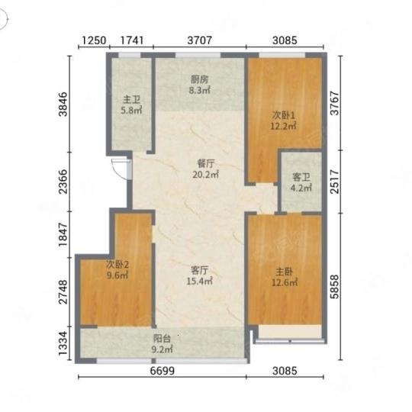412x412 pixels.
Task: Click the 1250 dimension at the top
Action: (x=94, y=40)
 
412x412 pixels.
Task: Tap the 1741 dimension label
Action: (x=132, y=40)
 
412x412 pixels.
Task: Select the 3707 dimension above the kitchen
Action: (x=200, y=40)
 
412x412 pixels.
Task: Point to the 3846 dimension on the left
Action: (x=63, y=104)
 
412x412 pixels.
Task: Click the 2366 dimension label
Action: (x=63, y=182)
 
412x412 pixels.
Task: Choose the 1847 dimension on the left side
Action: (x=63, y=234)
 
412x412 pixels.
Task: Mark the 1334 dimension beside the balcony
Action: (x=63, y=343)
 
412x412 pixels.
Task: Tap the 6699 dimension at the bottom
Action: (x=163, y=371)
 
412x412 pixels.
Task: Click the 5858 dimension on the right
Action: (x=335, y=287)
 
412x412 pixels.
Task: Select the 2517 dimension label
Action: (x=335, y=182)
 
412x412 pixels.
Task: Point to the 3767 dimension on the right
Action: (x=335, y=103)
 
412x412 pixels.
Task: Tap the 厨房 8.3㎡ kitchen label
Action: (x=200, y=85)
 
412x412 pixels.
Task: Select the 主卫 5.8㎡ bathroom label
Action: (x=131, y=105)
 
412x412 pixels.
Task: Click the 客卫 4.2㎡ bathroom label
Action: (x=301, y=182)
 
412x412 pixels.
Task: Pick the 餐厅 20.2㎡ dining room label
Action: (x=206, y=169)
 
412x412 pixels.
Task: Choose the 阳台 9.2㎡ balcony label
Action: (x=162, y=344)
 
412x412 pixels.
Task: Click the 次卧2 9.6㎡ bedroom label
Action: (x=117, y=270)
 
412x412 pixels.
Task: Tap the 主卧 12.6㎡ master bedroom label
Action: (x=285, y=277)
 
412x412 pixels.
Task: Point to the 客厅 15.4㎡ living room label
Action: (x=200, y=276)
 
